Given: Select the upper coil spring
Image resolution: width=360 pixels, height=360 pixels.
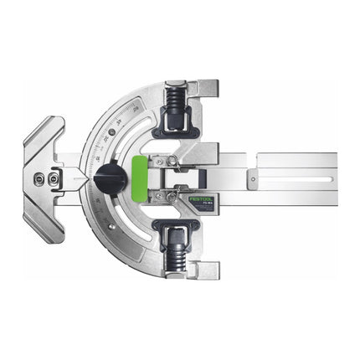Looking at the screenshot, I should point(177,106).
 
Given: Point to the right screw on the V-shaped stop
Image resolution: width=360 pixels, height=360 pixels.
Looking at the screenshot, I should point(54,177).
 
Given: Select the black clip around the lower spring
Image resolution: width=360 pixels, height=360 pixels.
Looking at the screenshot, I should point(177,232).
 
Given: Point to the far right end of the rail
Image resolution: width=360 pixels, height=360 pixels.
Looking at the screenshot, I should point(334,178).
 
